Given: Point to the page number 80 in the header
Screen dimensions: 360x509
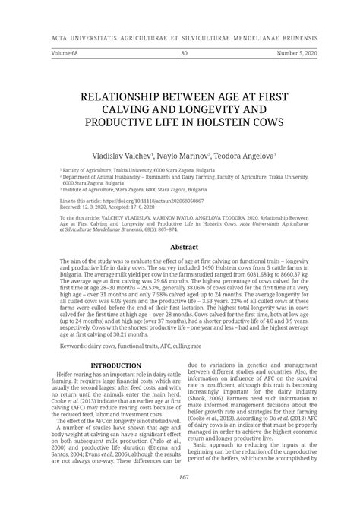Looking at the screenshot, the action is click(x=184, y=53).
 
